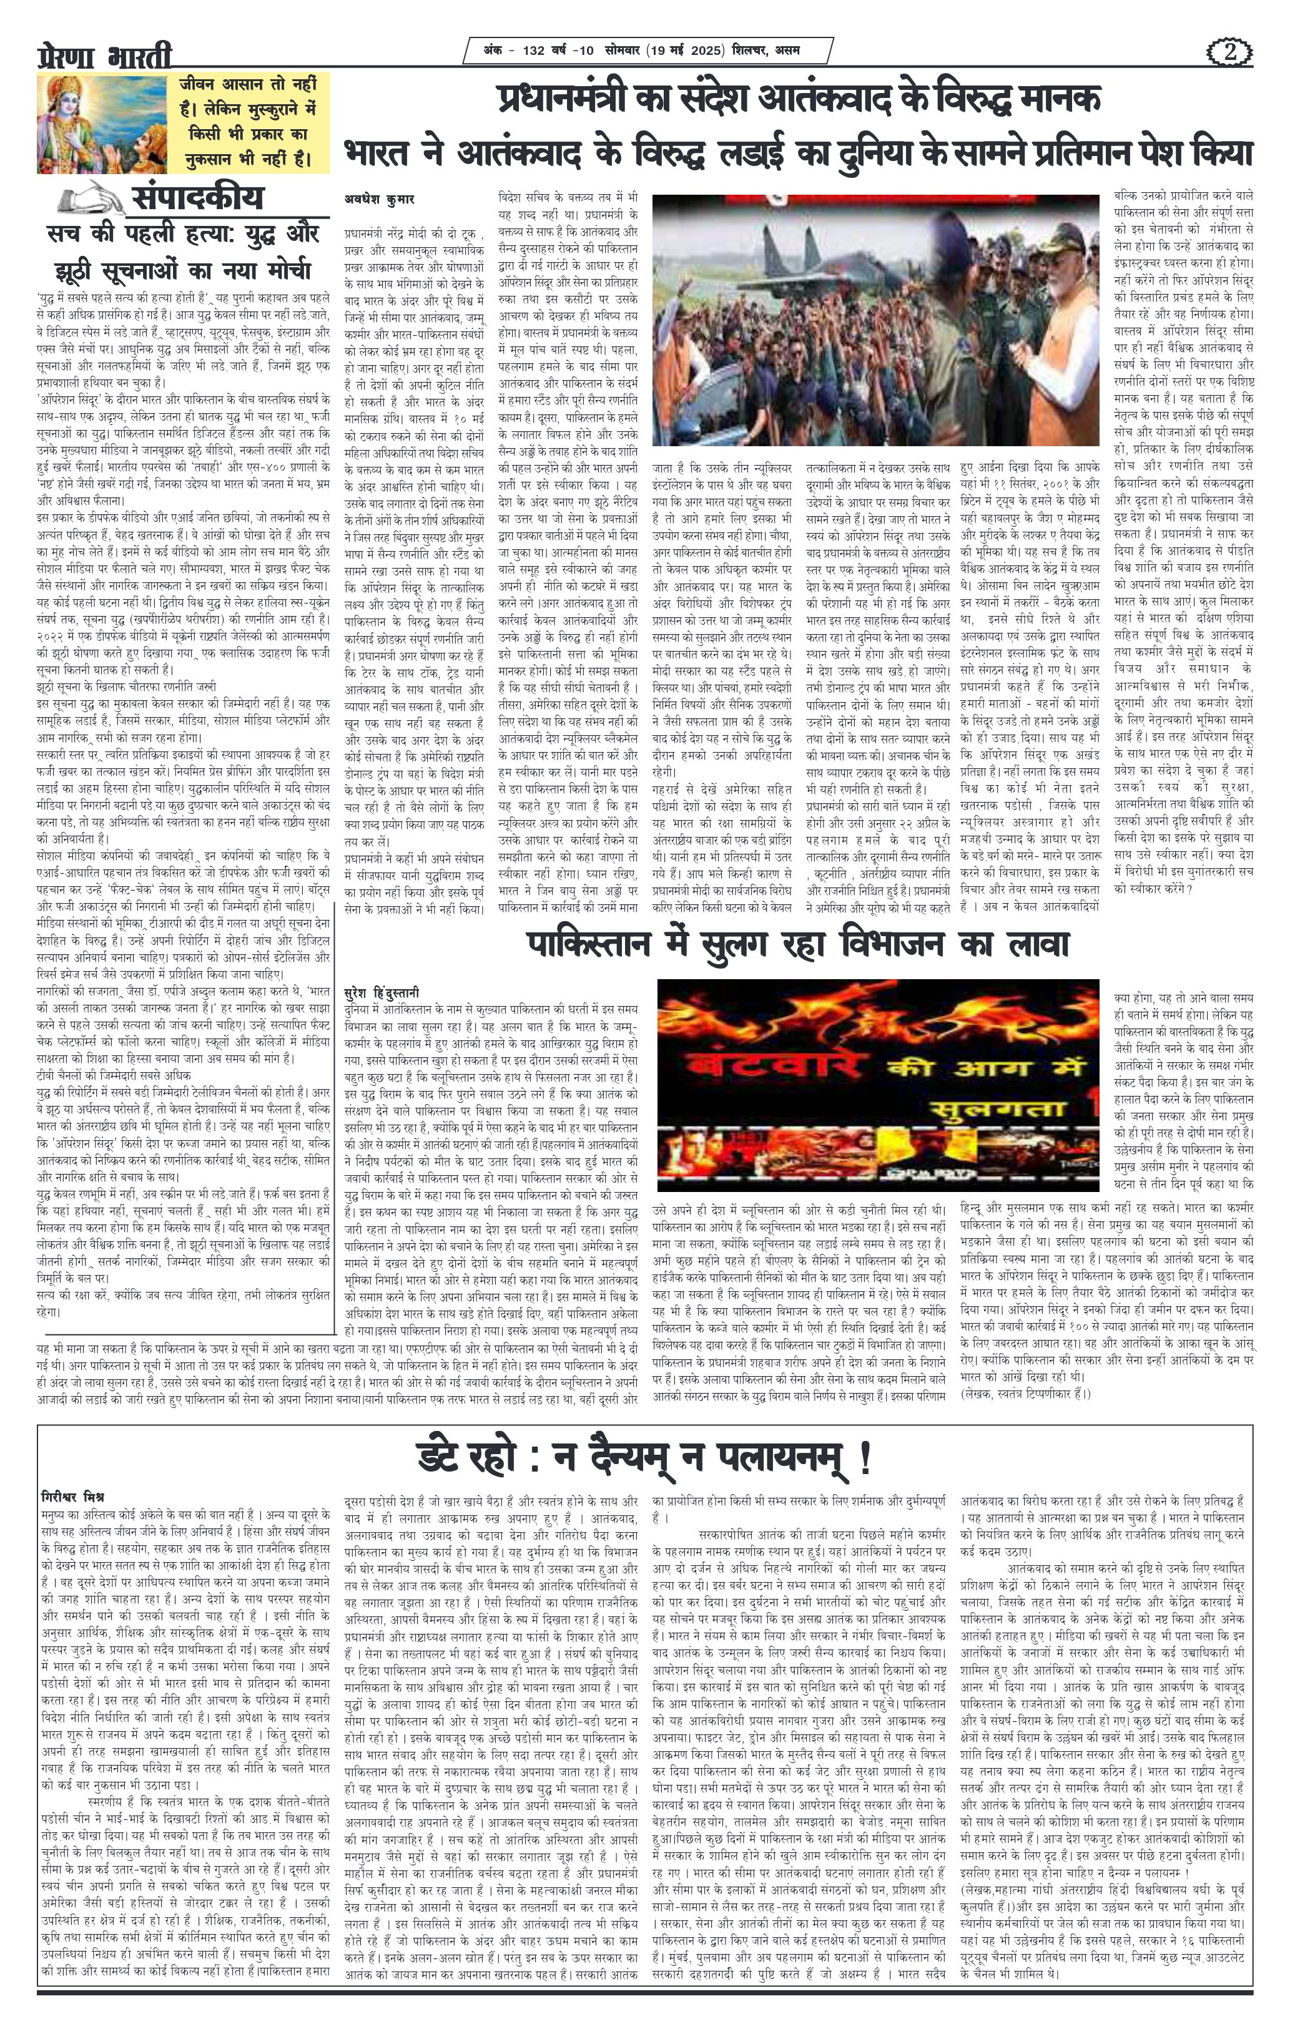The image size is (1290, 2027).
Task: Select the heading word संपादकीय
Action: [x=197, y=198]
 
